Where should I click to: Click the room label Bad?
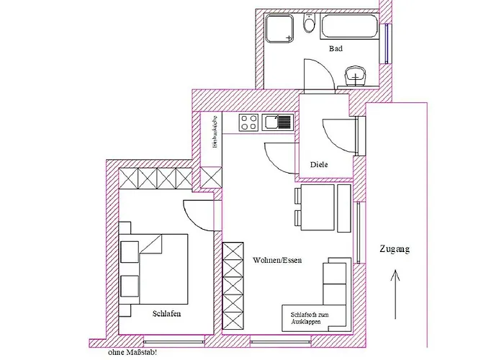click(x=336, y=49)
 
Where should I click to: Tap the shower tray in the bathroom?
click(x=280, y=30)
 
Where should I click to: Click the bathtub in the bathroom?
click(x=352, y=29)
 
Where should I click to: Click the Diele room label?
click(x=319, y=165)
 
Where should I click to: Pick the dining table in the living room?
click(x=317, y=207)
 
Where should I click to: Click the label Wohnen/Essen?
click(x=276, y=260)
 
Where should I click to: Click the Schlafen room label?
click(x=166, y=315)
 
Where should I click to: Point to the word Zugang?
click(x=394, y=250)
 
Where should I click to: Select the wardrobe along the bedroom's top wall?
click(x=156, y=178)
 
